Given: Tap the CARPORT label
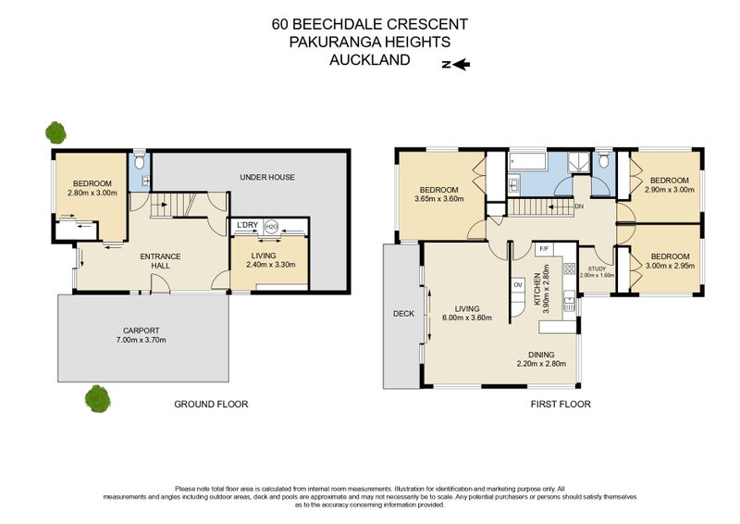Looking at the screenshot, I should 142,331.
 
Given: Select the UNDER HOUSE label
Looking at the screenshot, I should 266,177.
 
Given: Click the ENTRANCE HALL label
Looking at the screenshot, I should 159,261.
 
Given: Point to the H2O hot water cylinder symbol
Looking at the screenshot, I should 271,226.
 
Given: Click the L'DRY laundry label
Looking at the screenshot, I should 246,226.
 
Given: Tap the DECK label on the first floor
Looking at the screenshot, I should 403,314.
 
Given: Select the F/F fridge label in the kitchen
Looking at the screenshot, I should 544,248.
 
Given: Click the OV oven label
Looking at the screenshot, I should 517,284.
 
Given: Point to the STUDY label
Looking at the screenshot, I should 597,268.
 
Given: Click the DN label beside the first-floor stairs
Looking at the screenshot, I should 577,206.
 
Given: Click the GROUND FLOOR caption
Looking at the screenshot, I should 212,405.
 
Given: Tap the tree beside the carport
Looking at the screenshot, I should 97,399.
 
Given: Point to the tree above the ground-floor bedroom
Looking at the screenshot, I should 56,131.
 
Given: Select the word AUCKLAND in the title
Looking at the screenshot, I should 370,60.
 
